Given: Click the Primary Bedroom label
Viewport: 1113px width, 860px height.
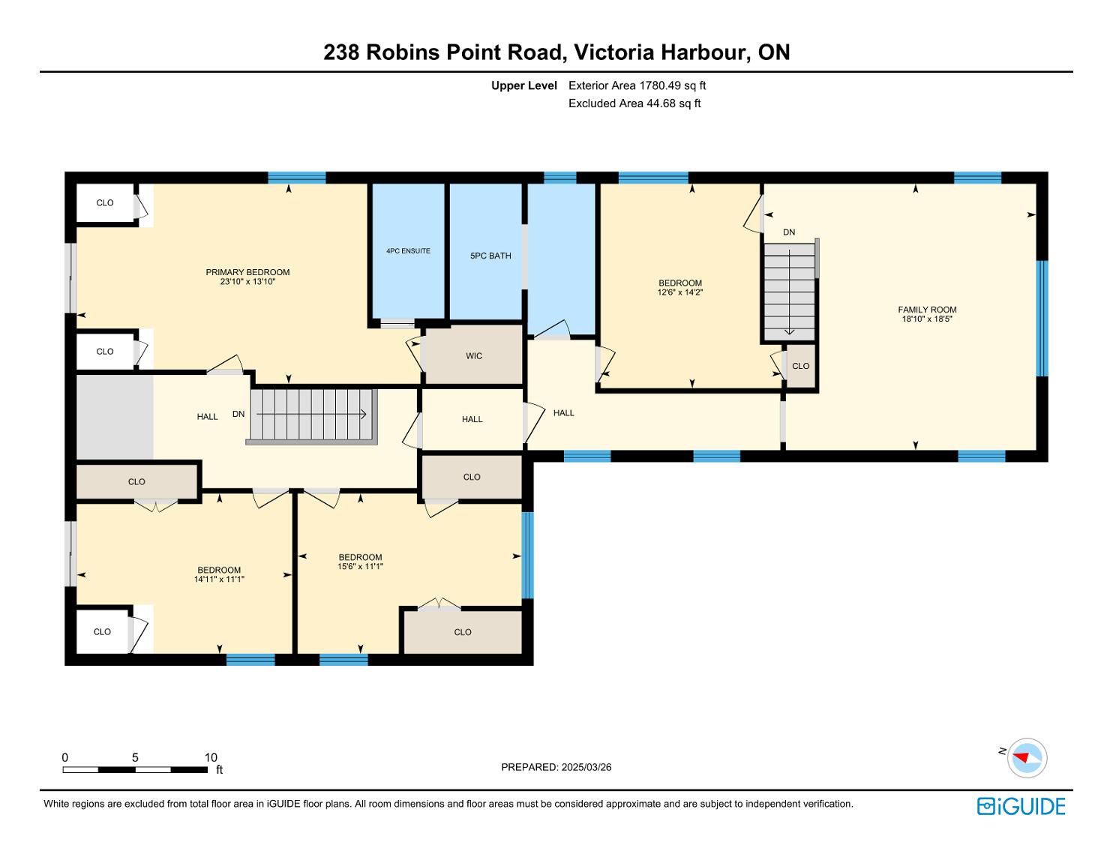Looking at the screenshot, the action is [247, 272].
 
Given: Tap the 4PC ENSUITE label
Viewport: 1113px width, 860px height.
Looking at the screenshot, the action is [408, 251].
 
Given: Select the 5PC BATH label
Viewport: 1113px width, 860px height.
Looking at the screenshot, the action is [490, 256].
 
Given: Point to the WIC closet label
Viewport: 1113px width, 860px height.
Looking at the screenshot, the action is [474, 356].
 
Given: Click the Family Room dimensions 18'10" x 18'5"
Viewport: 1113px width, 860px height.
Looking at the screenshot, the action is [926, 319].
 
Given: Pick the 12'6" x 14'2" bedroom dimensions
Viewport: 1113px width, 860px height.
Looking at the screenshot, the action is [679, 292].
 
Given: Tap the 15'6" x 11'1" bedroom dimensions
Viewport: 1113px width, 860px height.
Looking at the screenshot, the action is [360, 566].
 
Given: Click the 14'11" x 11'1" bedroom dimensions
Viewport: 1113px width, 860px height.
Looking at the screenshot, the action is [219, 579].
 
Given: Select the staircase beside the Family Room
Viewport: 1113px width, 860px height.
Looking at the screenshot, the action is [789, 291].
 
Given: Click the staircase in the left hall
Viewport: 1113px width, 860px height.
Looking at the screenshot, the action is [311, 415].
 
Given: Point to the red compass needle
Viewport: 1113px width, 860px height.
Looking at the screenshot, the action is [1021, 757].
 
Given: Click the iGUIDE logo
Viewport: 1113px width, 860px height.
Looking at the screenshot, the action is [1021, 806].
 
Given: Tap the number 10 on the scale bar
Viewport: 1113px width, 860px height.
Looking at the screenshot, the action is [211, 757].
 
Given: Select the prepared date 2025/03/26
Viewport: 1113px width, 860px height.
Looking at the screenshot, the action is [586, 767].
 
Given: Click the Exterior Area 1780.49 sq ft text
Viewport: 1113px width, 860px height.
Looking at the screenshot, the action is [637, 85].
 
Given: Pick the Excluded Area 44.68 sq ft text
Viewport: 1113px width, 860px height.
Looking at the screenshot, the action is [634, 103].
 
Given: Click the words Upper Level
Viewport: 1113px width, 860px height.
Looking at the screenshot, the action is [523, 85].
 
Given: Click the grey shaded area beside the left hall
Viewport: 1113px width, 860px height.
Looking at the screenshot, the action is [115, 417].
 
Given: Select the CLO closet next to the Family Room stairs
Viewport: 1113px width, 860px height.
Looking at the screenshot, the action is [800, 366].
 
